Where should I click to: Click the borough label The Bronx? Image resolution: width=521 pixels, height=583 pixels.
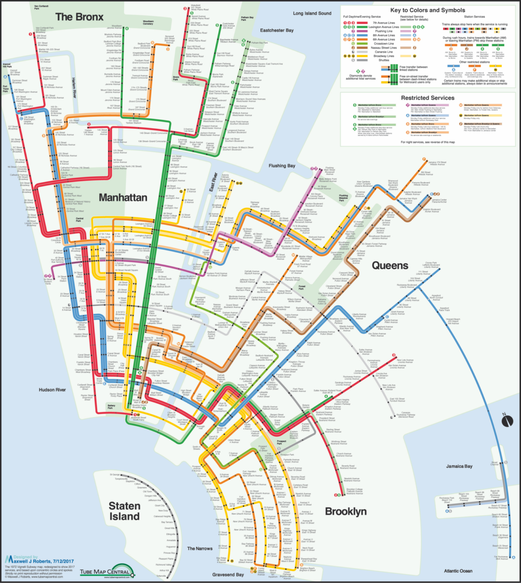(x=79, y=17)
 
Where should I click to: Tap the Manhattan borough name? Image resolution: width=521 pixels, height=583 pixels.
(x=123, y=197)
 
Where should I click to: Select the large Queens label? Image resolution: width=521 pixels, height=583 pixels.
(x=390, y=265)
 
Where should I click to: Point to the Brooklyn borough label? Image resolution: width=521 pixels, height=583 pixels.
(x=346, y=511)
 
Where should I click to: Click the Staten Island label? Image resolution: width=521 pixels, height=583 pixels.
(x=124, y=511)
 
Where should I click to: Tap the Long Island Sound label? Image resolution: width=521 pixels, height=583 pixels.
(x=312, y=14)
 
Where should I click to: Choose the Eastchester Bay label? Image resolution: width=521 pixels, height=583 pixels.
(x=277, y=30)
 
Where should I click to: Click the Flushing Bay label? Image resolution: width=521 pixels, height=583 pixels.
(x=282, y=166)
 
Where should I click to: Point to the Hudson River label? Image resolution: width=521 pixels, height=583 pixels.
(x=52, y=390)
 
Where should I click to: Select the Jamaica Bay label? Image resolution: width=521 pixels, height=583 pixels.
(x=459, y=466)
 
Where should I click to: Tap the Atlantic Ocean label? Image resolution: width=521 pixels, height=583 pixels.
(x=458, y=571)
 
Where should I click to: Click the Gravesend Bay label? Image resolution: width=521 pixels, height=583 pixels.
(x=228, y=574)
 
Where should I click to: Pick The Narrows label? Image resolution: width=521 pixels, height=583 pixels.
(x=200, y=548)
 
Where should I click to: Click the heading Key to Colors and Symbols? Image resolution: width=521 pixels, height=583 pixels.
(x=427, y=10)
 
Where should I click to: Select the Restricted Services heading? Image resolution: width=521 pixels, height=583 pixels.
(x=427, y=98)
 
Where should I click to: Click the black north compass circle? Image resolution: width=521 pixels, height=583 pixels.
(x=507, y=421)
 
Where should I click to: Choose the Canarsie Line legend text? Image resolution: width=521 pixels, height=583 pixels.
(x=384, y=52)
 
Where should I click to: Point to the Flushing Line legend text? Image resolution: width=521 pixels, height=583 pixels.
(x=384, y=31)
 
